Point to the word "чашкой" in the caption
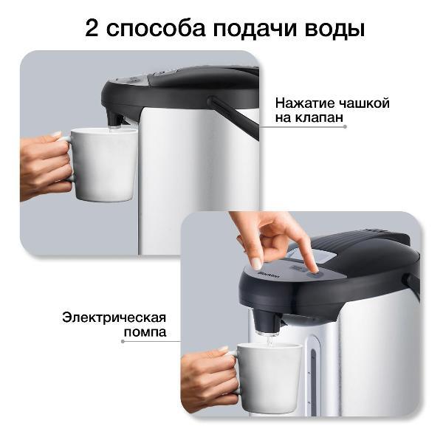point(364,103)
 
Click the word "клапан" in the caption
point(320,117)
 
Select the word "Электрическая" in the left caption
point(114,317)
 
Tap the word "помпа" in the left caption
point(145,332)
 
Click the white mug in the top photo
point(107,164)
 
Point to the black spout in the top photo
point(114,117)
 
